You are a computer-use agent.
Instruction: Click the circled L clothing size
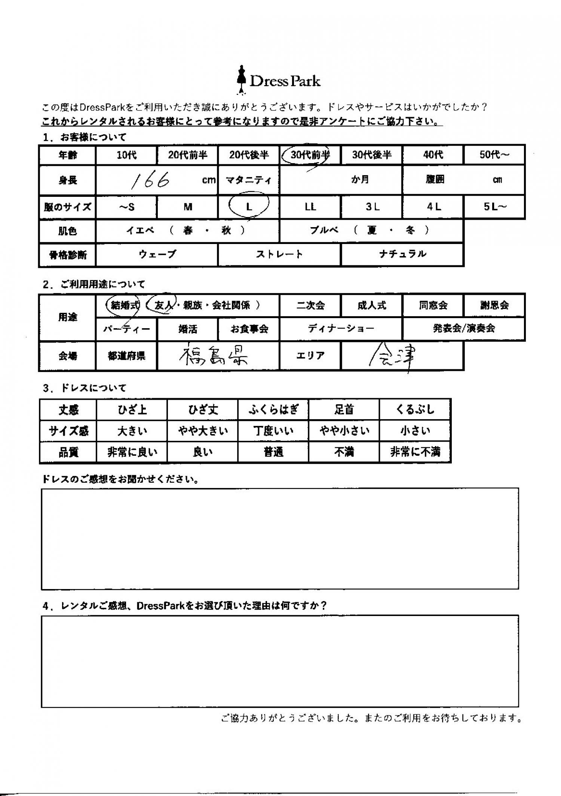tap(249, 207)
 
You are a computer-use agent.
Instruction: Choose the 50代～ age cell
tap(494, 155)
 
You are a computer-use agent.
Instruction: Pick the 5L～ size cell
tap(494, 207)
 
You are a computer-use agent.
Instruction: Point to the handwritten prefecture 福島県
tap(213, 356)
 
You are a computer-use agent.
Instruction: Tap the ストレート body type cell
tap(279, 254)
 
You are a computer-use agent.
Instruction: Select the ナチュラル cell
tap(402, 254)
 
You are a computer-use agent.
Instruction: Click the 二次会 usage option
tap(310, 305)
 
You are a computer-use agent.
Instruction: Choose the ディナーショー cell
tap(341, 329)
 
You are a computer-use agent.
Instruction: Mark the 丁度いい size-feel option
tap(273, 431)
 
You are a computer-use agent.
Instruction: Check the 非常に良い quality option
tap(132, 452)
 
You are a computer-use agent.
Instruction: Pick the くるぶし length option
tap(415, 409)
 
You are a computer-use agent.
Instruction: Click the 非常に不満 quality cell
tap(415, 452)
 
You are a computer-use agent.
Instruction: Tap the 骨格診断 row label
tap(68, 255)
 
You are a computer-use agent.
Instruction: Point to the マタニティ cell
tap(249, 180)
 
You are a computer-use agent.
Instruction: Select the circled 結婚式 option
tap(123, 305)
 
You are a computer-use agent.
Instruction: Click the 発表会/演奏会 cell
tap(464, 329)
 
